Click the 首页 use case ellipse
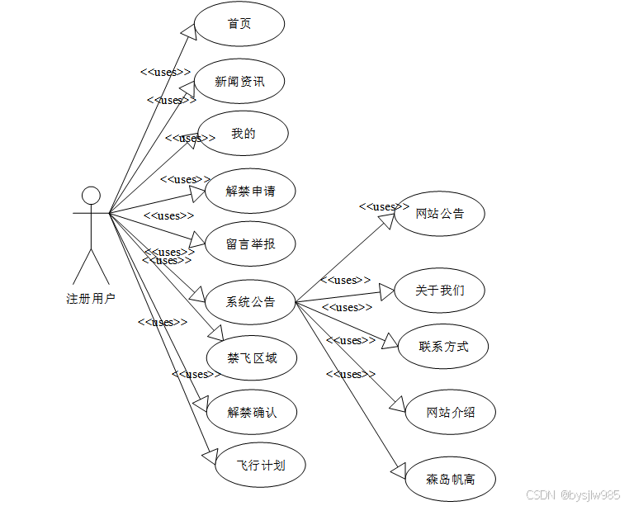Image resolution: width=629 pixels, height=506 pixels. (x=239, y=24)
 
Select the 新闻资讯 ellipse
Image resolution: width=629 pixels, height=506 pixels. (x=239, y=81)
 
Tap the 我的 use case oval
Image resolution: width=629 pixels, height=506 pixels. (x=244, y=134)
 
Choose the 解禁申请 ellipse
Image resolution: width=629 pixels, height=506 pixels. (x=250, y=191)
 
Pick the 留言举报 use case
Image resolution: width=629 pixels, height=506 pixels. (x=250, y=244)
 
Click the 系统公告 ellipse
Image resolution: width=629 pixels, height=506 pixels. (x=250, y=302)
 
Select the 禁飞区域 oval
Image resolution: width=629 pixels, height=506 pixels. (x=252, y=358)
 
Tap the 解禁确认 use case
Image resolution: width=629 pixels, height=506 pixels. (x=252, y=412)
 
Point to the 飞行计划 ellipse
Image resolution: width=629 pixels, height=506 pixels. (x=261, y=466)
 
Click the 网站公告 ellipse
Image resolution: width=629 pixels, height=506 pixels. (x=439, y=214)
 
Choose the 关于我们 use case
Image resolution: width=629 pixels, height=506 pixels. (x=440, y=291)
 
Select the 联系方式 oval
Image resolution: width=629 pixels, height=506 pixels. (x=443, y=347)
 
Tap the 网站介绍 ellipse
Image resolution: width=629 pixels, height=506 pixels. (x=450, y=412)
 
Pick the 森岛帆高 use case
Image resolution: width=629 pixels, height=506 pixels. (x=450, y=479)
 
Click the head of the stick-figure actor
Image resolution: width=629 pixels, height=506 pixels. (x=91, y=196)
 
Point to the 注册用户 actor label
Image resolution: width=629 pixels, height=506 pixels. (x=91, y=299)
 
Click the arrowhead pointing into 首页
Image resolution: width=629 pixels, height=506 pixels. (x=189, y=31)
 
